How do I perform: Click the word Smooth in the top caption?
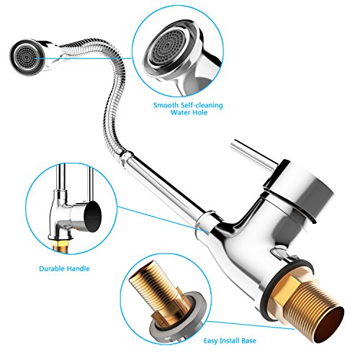(166, 105)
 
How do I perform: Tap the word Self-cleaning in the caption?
(202, 105)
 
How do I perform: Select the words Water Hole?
(189, 112)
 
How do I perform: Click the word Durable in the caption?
(52, 269)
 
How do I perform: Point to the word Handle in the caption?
(78, 269)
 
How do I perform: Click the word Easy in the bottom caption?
(211, 341)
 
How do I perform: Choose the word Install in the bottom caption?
(230, 341)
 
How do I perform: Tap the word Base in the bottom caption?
(249, 341)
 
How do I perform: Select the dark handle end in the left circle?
(92, 217)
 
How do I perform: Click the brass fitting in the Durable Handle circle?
(60, 246)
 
